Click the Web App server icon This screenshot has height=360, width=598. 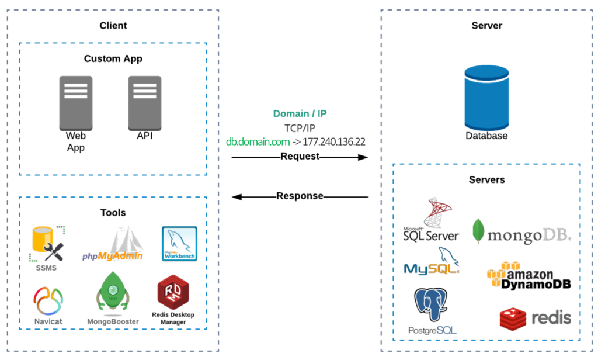(x=76, y=103)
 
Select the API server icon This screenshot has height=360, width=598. (x=145, y=103)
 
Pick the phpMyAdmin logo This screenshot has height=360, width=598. (x=114, y=245)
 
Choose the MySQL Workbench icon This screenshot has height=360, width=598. (x=179, y=244)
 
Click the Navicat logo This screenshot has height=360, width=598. (x=48, y=301)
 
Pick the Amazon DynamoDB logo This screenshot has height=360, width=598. (x=529, y=276)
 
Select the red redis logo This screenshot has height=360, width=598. (x=535, y=319)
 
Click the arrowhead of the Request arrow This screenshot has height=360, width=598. (x=363, y=157)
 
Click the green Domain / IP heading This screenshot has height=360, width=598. (x=300, y=113)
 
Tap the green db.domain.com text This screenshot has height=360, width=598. (x=258, y=141)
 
